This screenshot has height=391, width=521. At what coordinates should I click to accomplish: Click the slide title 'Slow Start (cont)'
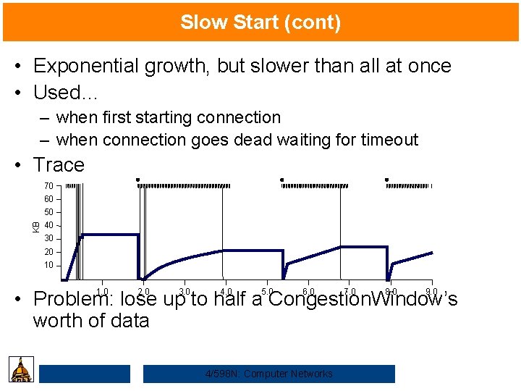tap(260, 22)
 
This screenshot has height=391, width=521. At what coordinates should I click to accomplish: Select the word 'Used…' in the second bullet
tap(66, 93)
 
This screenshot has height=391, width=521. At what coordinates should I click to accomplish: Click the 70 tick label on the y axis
tap(48, 186)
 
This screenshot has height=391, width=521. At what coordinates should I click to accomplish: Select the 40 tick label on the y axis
tap(48, 225)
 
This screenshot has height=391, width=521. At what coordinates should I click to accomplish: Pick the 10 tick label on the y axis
tap(48, 265)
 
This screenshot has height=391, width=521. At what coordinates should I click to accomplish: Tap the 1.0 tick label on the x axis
tap(102, 292)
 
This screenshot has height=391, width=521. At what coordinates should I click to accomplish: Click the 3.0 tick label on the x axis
tap(185, 292)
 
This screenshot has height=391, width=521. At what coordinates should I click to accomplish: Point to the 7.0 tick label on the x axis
tap(350, 292)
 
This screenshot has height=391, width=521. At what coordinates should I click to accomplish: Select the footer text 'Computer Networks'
tap(289, 374)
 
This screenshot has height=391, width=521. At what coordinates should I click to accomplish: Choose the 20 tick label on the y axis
tap(48, 252)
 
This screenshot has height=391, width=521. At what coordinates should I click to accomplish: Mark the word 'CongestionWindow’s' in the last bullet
tap(363, 299)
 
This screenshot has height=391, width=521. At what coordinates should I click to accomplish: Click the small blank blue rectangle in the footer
tap(85, 374)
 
